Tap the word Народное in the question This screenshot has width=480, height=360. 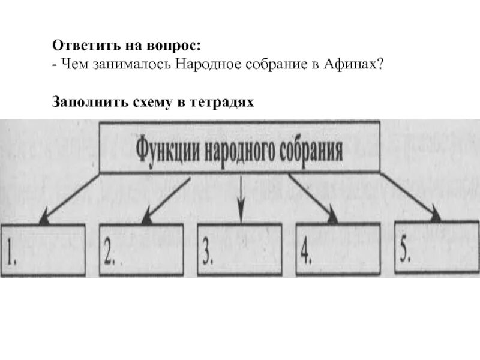pyautogui.click(x=205, y=64)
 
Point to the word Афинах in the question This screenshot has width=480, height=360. pyautogui.click(x=356, y=64)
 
